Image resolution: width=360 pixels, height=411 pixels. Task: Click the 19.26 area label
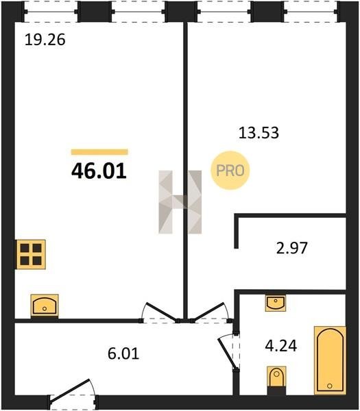pos(45,40)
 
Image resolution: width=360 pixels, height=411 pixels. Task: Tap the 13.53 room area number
pos(259,133)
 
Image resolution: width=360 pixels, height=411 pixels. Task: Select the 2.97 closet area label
pos(291,248)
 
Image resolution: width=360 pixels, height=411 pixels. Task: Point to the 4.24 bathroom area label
pos(280,346)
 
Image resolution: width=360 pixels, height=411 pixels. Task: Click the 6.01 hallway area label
pos(123,353)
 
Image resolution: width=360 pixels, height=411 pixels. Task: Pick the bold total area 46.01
pos(99,171)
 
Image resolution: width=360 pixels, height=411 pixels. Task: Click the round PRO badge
pos(230,171)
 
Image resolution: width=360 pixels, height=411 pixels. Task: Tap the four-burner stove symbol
pos(31,255)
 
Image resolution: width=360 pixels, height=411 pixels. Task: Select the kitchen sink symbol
pos(45,306)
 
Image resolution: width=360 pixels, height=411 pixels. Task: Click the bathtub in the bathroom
pos(330,360)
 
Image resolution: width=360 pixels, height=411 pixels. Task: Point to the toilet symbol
pos(276,379)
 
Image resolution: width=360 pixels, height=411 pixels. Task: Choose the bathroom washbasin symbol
pos(275,303)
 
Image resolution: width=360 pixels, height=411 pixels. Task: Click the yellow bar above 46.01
pos(99,152)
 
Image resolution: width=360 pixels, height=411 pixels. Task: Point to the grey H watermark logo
pos(180,202)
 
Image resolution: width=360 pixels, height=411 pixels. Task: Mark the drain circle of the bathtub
pos(330,386)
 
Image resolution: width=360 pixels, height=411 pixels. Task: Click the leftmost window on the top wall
pos(51,12)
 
